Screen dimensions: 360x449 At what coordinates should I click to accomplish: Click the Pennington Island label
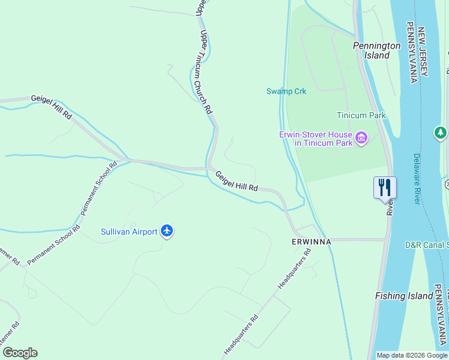(x=376, y=50)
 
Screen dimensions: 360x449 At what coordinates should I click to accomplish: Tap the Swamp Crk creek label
(x=286, y=91)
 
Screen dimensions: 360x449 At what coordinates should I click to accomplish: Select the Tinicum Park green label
(x=361, y=115)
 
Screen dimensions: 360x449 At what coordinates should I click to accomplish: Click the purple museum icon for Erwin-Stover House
(x=361, y=139)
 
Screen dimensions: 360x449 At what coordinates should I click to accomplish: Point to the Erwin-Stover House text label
(x=315, y=139)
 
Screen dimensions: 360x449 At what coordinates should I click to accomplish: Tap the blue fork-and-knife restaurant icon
(x=384, y=187)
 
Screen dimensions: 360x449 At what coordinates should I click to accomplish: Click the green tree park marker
(x=441, y=132)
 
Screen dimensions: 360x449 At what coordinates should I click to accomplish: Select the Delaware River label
(x=417, y=179)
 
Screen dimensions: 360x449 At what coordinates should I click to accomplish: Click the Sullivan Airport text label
(x=129, y=232)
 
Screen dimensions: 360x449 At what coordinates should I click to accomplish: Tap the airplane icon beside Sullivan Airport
(x=167, y=231)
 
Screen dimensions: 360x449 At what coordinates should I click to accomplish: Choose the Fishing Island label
(x=404, y=296)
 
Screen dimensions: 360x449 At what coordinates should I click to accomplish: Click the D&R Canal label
(x=426, y=245)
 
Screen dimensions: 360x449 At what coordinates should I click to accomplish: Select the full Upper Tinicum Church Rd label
(x=205, y=72)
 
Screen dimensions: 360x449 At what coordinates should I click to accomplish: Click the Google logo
(x=20, y=353)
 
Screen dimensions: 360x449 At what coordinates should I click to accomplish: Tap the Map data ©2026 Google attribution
(x=412, y=355)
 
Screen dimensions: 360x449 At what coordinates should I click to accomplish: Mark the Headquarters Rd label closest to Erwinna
(x=294, y=268)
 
